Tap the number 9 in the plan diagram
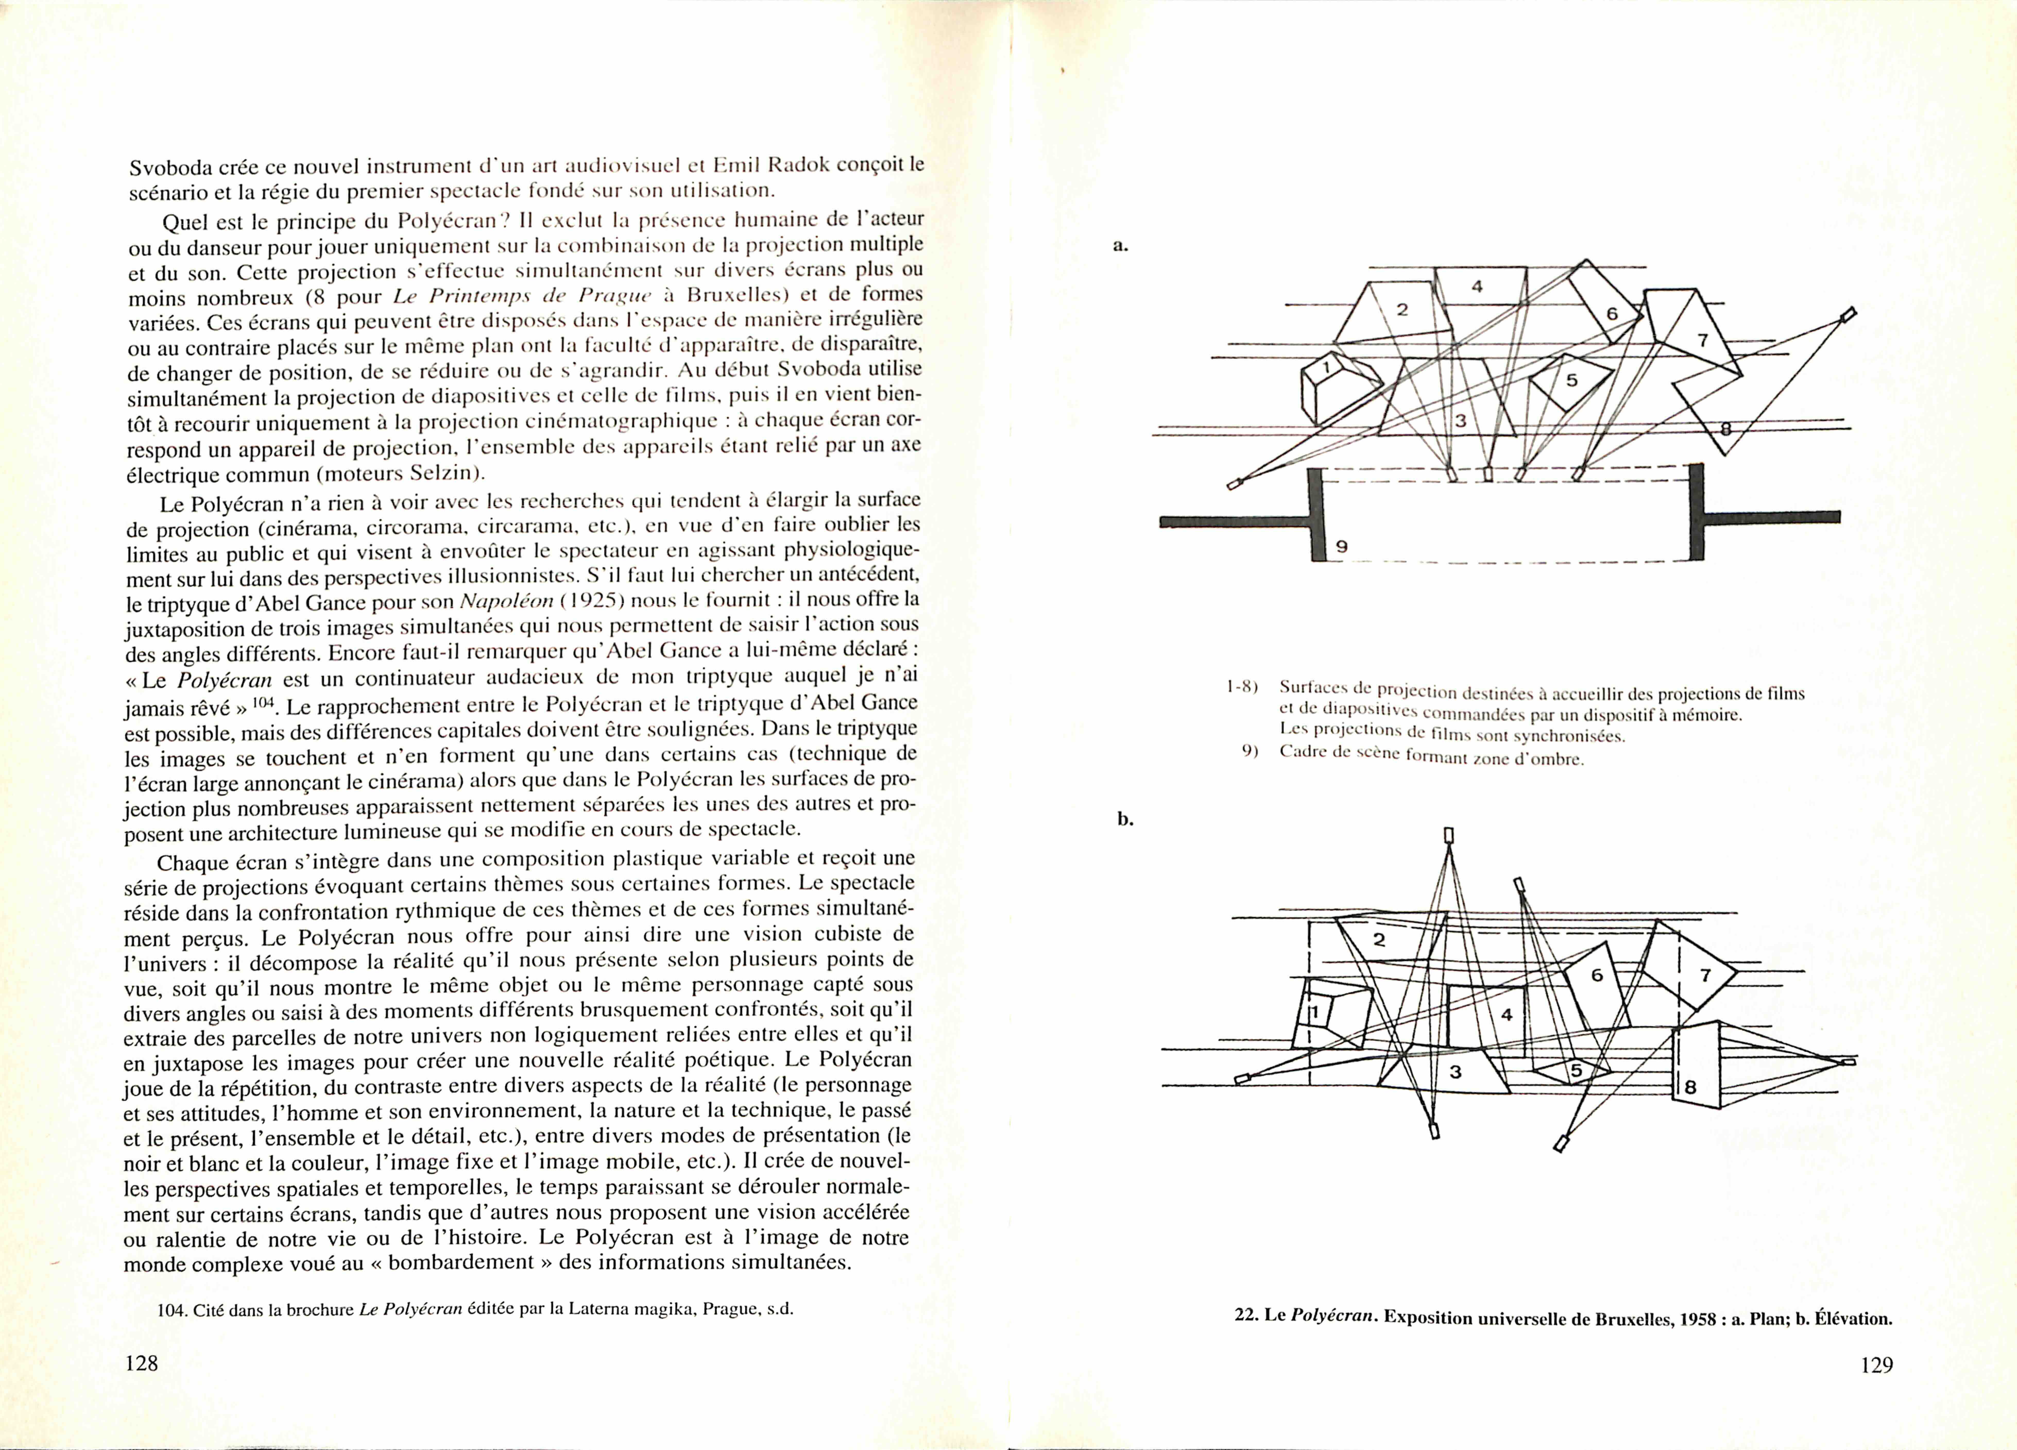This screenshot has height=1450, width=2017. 1342,547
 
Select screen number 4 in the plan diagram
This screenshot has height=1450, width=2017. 1477,286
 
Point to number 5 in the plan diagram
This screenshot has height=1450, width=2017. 1571,380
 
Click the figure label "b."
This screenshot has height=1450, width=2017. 1125,819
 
